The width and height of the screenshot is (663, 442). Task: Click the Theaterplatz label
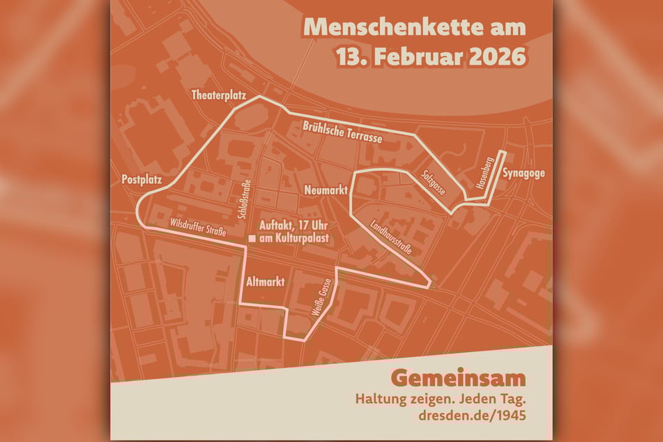(x=219, y=96)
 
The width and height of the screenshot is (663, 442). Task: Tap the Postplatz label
(x=142, y=179)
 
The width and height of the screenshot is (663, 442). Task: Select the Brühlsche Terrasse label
(x=342, y=132)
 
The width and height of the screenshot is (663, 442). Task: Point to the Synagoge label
(x=524, y=174)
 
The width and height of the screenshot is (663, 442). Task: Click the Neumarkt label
(x=326, y=190)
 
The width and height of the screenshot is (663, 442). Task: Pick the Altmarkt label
(x=265, y=282)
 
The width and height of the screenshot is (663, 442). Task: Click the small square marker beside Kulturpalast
(x=252, y=238)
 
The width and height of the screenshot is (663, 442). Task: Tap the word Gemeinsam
(x=457, y=379)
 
